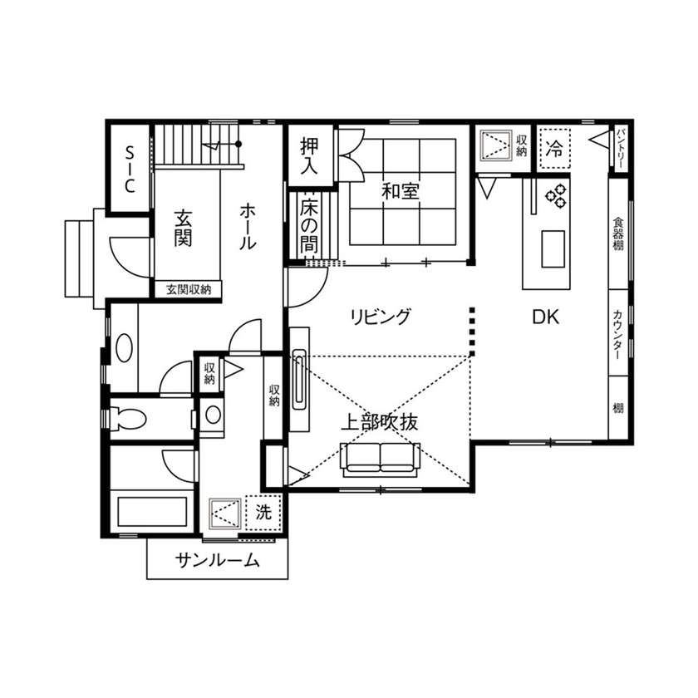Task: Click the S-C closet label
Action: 130,169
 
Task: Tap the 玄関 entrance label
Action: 184,229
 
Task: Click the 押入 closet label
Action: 310,155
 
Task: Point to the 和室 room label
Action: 401,191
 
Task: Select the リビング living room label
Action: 380,317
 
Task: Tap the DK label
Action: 545,317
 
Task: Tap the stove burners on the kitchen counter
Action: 555,196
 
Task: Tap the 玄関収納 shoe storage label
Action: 189,290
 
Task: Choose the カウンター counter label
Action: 620,332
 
